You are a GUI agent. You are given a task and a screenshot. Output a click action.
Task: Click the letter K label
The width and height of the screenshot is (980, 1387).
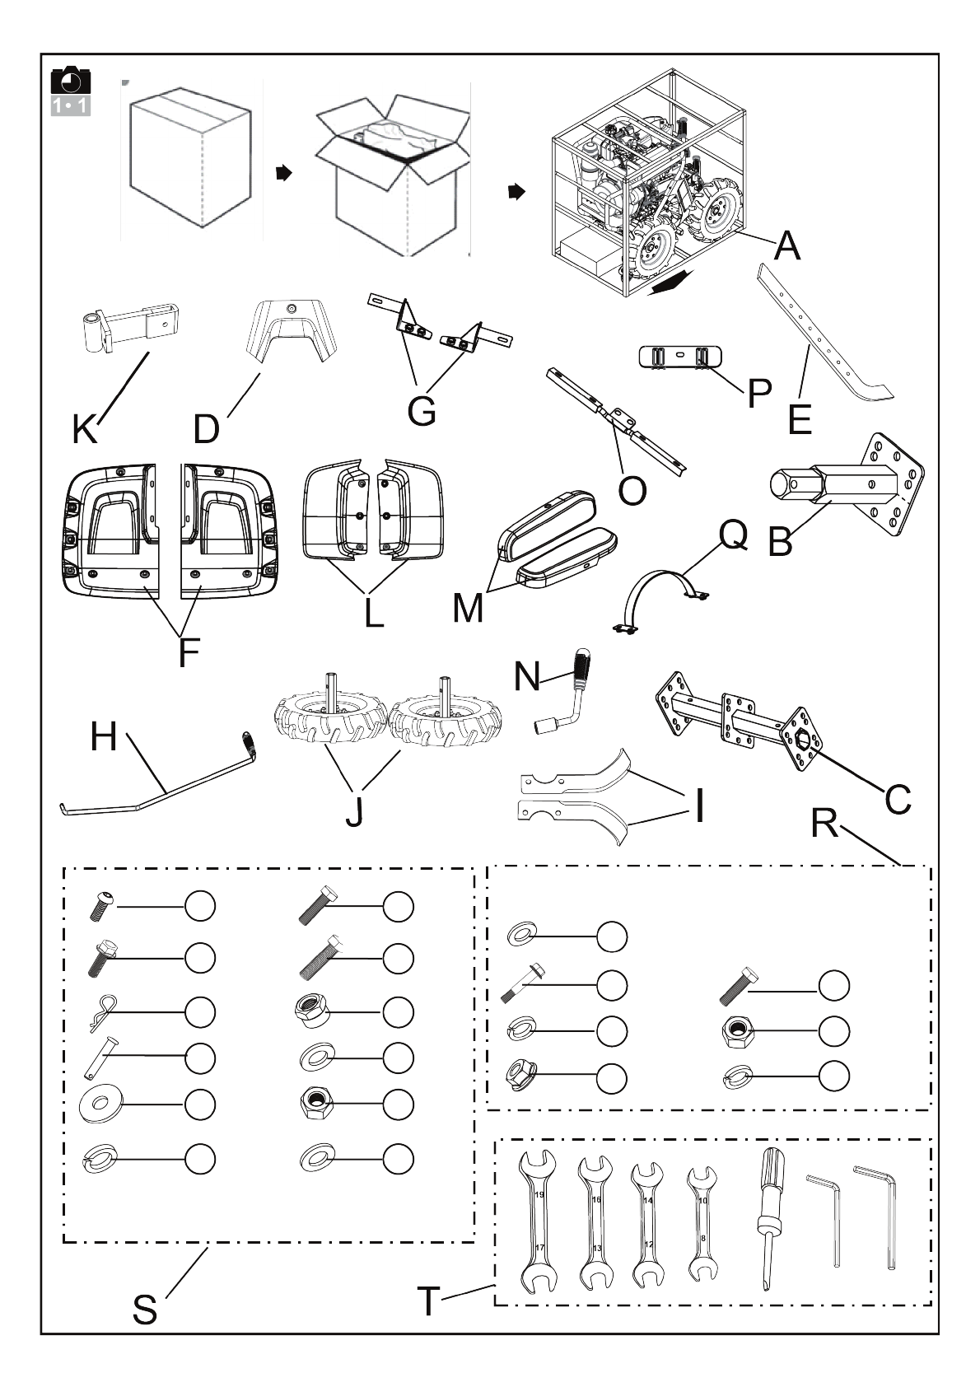(x=85, y=429)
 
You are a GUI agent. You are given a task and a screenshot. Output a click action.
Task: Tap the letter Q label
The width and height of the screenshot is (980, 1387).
(x=733, y=535)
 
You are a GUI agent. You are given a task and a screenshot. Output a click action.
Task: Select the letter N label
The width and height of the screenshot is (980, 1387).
(x=527, y=676)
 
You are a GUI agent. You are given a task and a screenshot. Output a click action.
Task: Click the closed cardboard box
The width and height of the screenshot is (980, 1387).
(x=191, y=157)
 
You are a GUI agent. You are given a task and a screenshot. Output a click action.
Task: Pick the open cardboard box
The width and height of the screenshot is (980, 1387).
(x=393, y=174)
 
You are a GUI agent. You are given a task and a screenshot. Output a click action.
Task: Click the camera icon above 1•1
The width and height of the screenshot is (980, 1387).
(x=71, y=81)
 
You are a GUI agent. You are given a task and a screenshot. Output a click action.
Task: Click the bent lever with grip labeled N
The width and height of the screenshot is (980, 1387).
(x=562, y=692)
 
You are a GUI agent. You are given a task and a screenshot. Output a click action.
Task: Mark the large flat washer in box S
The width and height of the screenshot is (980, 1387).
(x=101, y=1104)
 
